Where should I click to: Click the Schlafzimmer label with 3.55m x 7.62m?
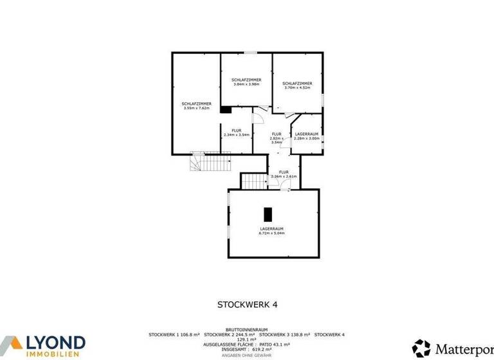coord(197,106)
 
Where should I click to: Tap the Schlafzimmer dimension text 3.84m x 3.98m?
coord(246,84)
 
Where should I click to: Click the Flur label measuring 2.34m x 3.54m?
coord(236,133)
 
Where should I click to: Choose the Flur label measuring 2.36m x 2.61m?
coord(284,174)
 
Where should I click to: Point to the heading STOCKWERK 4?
coord(247,305)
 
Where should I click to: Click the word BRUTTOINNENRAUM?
coord(246,329)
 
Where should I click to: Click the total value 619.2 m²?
coord(259,350)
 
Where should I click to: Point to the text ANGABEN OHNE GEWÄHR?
coord(246,355)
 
